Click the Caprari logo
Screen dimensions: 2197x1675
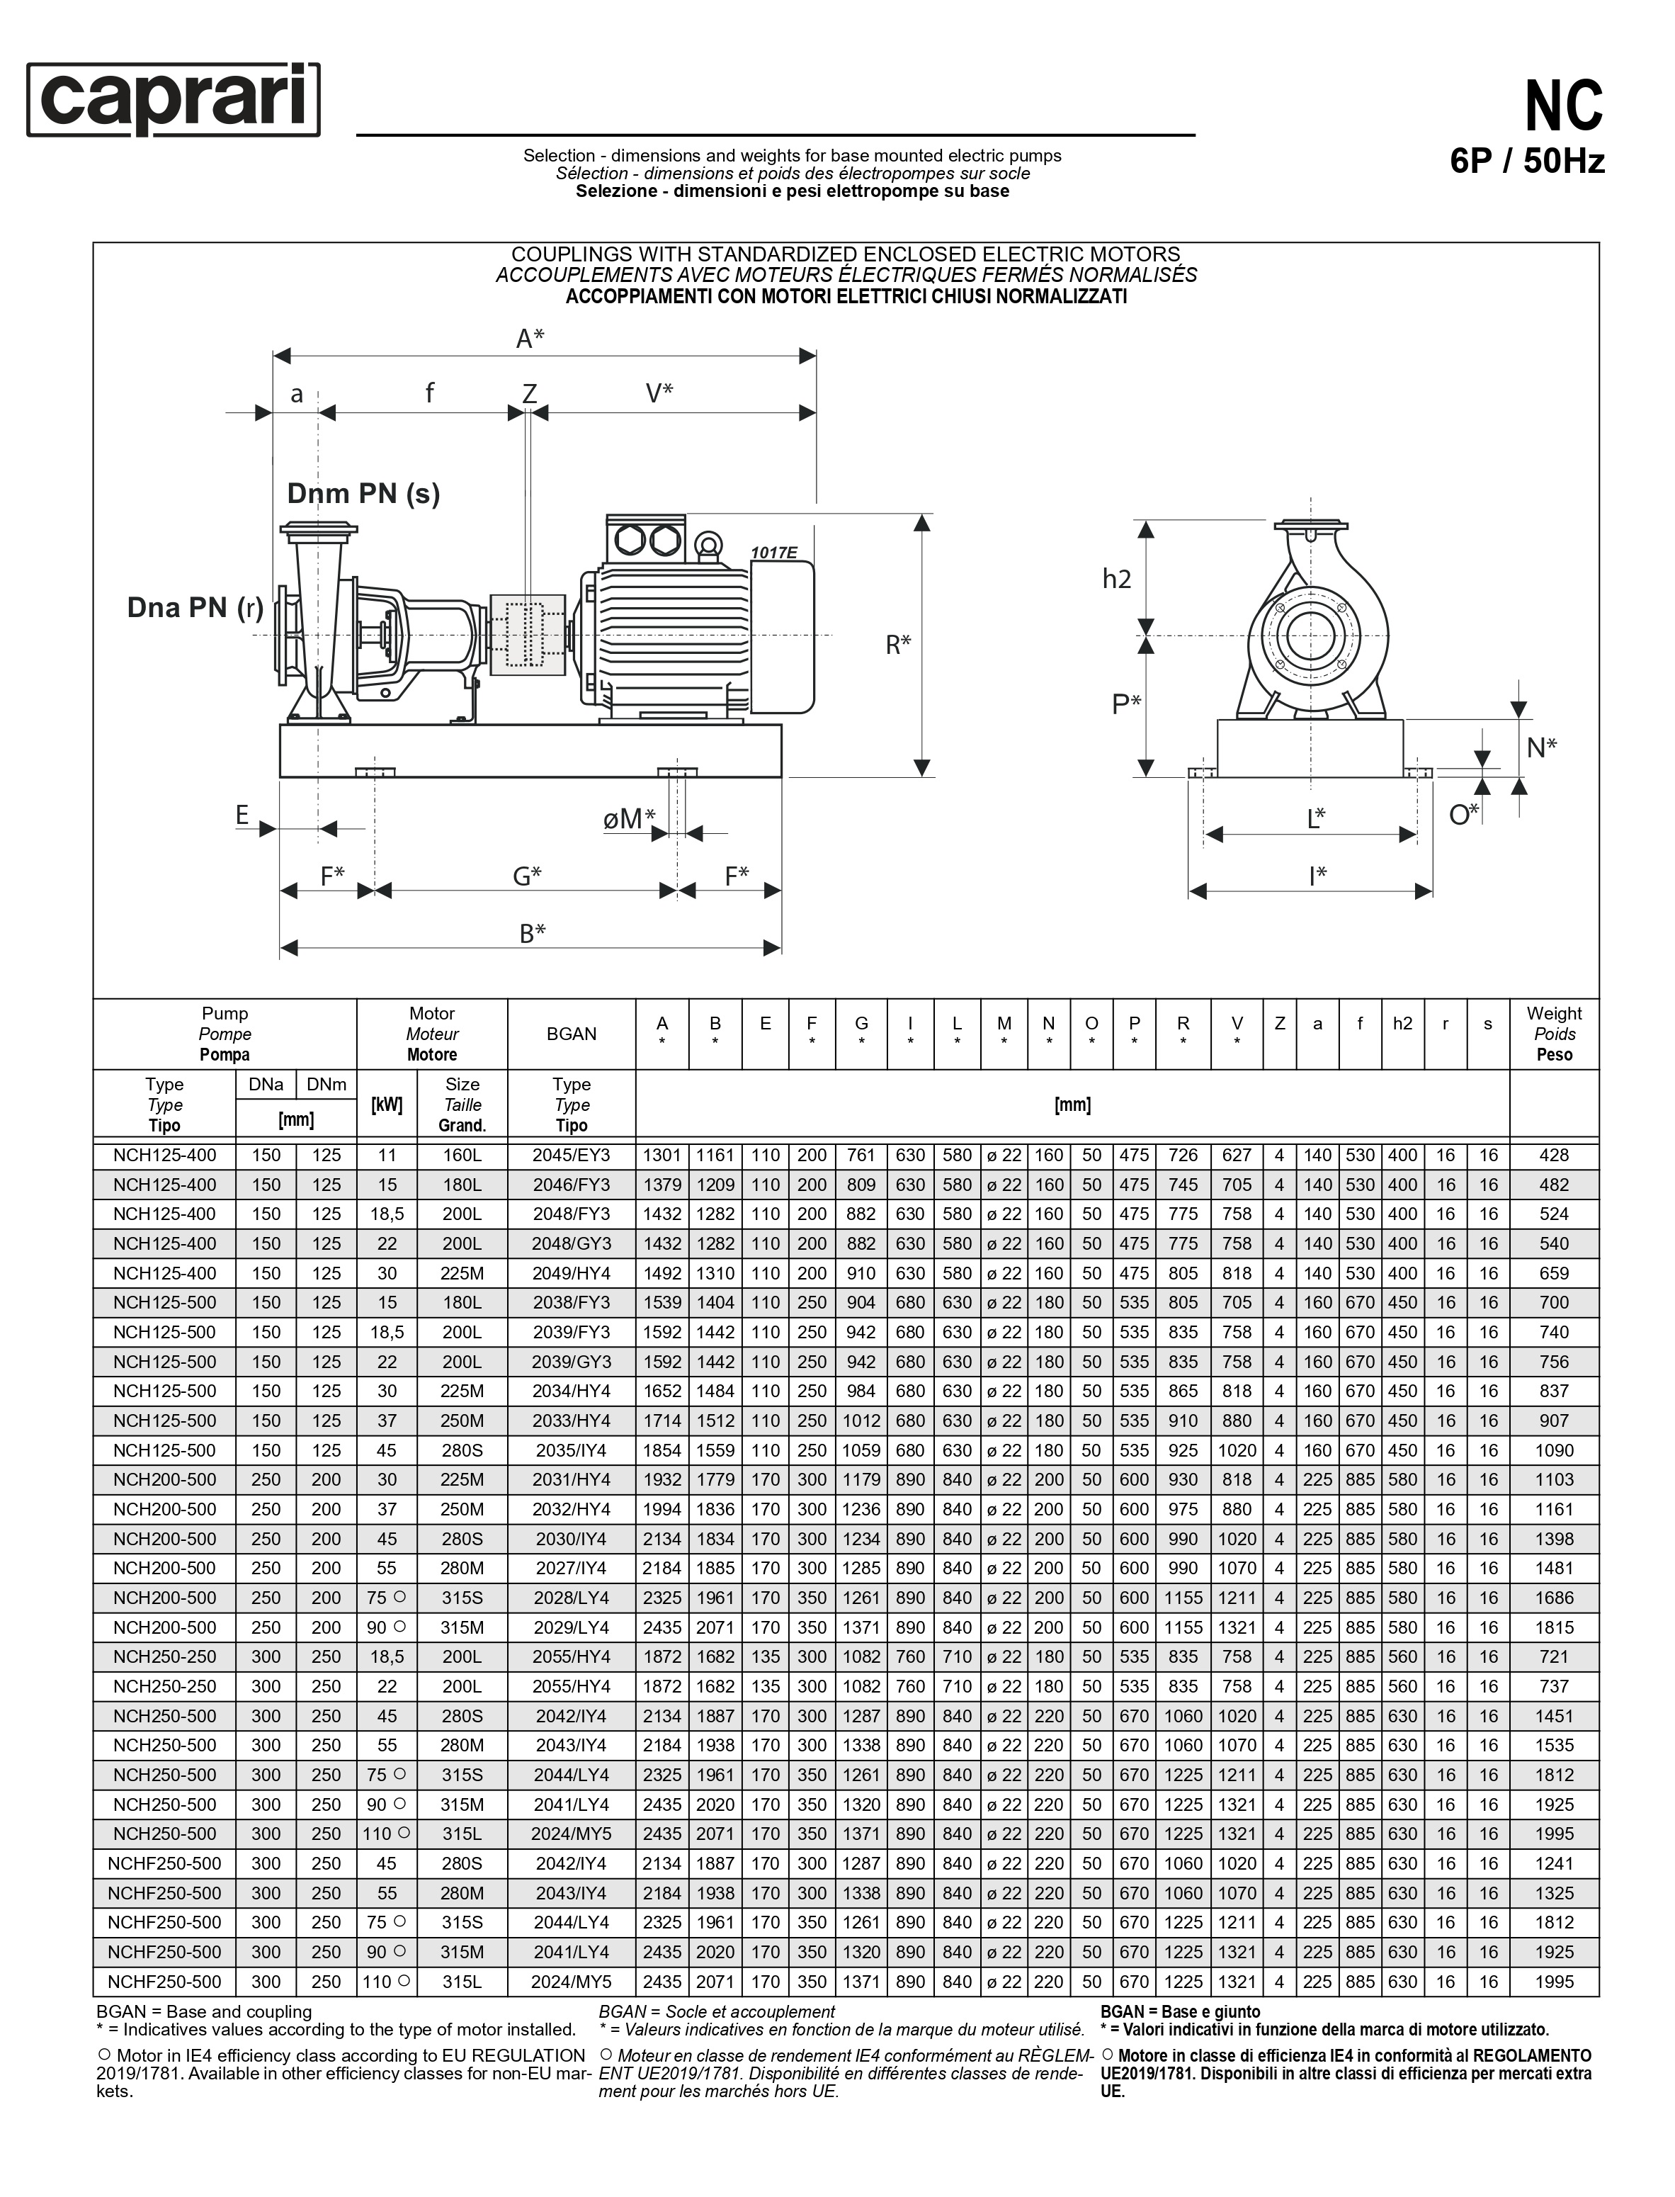174,100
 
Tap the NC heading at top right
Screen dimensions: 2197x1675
1562,107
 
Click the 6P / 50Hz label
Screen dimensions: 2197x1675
1526,161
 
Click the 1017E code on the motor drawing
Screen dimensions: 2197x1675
773,553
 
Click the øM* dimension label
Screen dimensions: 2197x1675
629,819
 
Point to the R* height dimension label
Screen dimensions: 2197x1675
898,645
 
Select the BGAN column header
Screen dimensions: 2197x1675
572,1034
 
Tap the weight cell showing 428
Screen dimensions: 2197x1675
1553,1156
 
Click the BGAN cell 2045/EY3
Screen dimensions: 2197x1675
572,1156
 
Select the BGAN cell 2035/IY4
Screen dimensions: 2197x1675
572,1450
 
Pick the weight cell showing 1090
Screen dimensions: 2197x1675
1553,1450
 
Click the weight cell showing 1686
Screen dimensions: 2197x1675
1553,1598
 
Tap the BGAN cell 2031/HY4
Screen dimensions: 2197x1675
572,1480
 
